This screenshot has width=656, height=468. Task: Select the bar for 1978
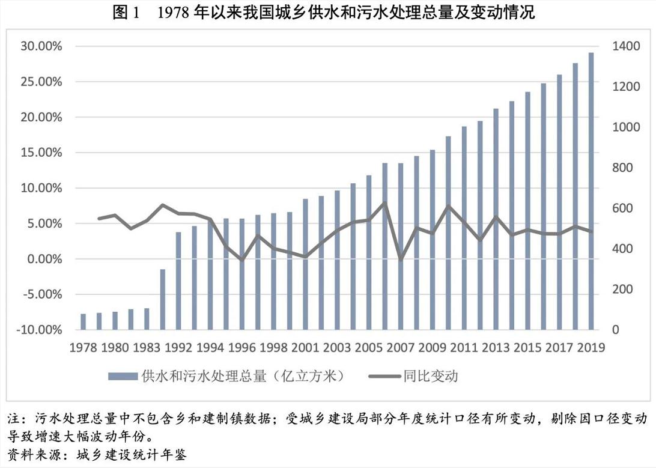84,321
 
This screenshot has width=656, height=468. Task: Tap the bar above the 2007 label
401,246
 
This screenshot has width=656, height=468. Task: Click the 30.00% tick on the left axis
41,46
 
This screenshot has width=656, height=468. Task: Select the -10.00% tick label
40,330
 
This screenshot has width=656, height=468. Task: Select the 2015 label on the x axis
527,347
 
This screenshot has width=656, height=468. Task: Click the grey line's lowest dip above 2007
401,260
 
